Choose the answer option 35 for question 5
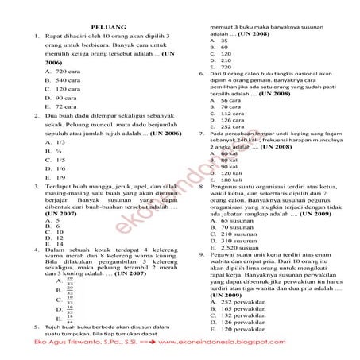(x=224, y=41)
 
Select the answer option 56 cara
(x=230, y=101)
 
